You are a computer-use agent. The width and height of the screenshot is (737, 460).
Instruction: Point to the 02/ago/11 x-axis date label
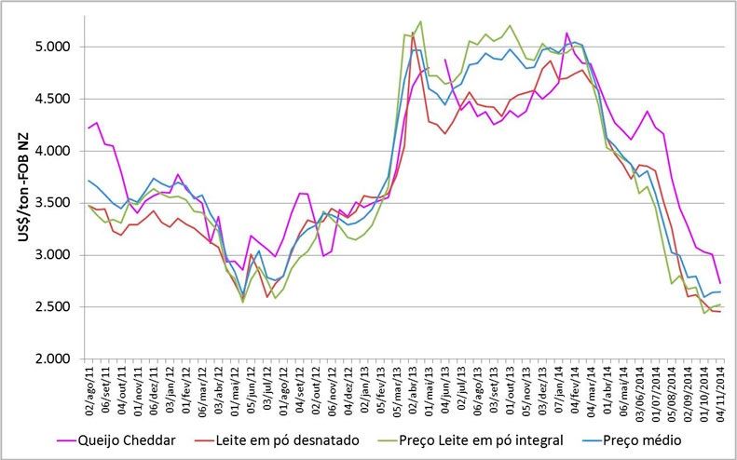89,389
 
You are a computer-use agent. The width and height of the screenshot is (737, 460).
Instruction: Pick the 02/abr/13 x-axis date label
412,389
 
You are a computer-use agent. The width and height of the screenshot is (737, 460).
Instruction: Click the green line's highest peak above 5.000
420,21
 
